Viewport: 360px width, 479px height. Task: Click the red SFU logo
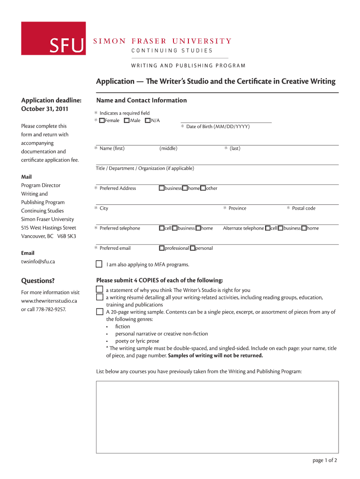point(66,38)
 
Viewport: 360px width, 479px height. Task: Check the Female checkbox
point(102,121)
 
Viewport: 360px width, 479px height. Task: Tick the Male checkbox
point(127,121)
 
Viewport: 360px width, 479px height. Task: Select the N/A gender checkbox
point(148,121)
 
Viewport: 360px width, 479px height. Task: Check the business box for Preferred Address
point(161,188)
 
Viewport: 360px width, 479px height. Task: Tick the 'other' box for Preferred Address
point(203,188)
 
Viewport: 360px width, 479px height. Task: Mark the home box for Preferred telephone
point(198,228)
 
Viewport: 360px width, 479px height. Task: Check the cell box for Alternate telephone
point(268,228)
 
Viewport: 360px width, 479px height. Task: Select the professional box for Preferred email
point(161,248)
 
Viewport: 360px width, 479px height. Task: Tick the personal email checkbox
point(192,248)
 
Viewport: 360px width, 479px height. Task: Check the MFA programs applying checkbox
point(99,264)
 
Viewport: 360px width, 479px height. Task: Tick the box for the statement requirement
point(100,290)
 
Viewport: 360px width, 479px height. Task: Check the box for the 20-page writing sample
point(100,312)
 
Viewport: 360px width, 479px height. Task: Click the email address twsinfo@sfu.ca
point(38,261)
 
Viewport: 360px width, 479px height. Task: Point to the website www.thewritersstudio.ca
point(49,300)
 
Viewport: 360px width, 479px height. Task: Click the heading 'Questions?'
point(38,281)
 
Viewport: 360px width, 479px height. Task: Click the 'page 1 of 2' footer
point(324,460)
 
